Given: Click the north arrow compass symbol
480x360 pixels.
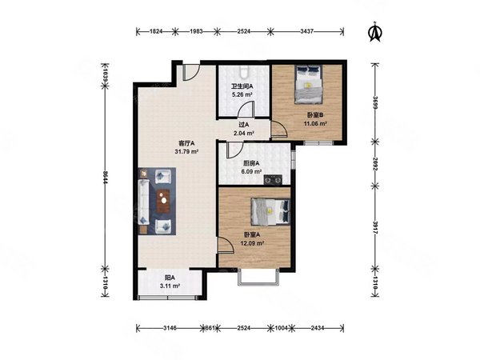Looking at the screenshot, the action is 375,31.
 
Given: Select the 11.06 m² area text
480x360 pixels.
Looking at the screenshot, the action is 315,124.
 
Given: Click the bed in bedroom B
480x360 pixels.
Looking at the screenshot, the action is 309,84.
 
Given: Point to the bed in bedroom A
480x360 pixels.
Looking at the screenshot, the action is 270,211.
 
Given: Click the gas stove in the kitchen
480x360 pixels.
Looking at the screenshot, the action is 273,179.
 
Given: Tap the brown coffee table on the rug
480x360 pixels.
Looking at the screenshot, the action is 163,201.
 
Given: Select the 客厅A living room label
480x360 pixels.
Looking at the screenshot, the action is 186,143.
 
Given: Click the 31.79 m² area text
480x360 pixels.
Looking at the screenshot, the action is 186,151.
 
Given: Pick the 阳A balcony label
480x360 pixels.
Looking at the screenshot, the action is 170,278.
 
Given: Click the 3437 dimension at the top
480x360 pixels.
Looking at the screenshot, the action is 306,31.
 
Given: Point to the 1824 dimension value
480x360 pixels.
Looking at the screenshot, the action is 155,31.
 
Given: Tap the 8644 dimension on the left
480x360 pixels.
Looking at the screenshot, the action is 105,177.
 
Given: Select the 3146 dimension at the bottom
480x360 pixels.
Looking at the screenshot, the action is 170,328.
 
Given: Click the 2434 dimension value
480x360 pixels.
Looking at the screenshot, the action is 318,328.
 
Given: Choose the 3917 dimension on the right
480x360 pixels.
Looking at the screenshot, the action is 375,227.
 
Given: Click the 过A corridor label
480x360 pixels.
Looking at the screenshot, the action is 244,125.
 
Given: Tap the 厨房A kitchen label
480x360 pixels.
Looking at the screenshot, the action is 251,163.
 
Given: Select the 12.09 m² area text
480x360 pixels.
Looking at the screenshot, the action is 252,243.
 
